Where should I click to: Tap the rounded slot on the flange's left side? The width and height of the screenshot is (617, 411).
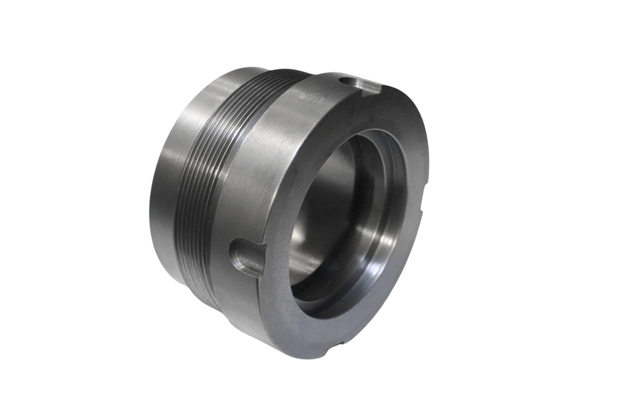(247, 257)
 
